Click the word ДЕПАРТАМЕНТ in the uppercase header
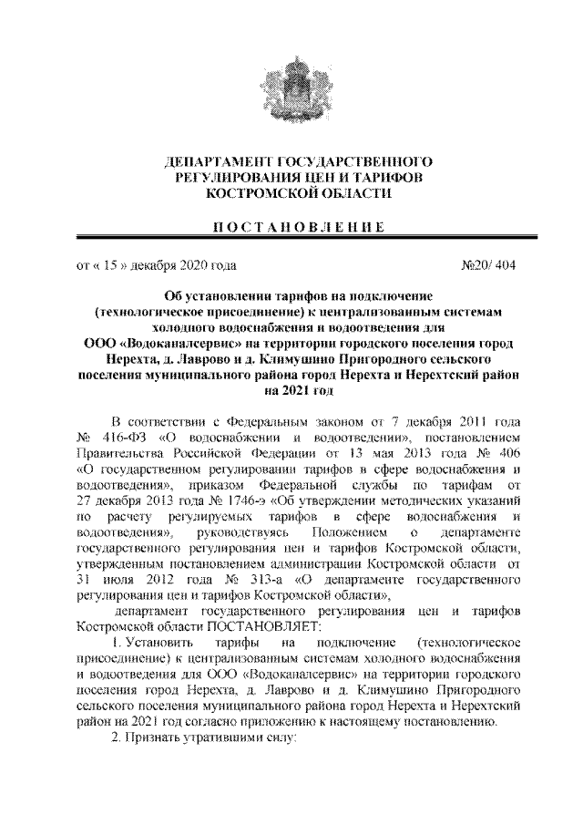[x=214, y=160]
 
